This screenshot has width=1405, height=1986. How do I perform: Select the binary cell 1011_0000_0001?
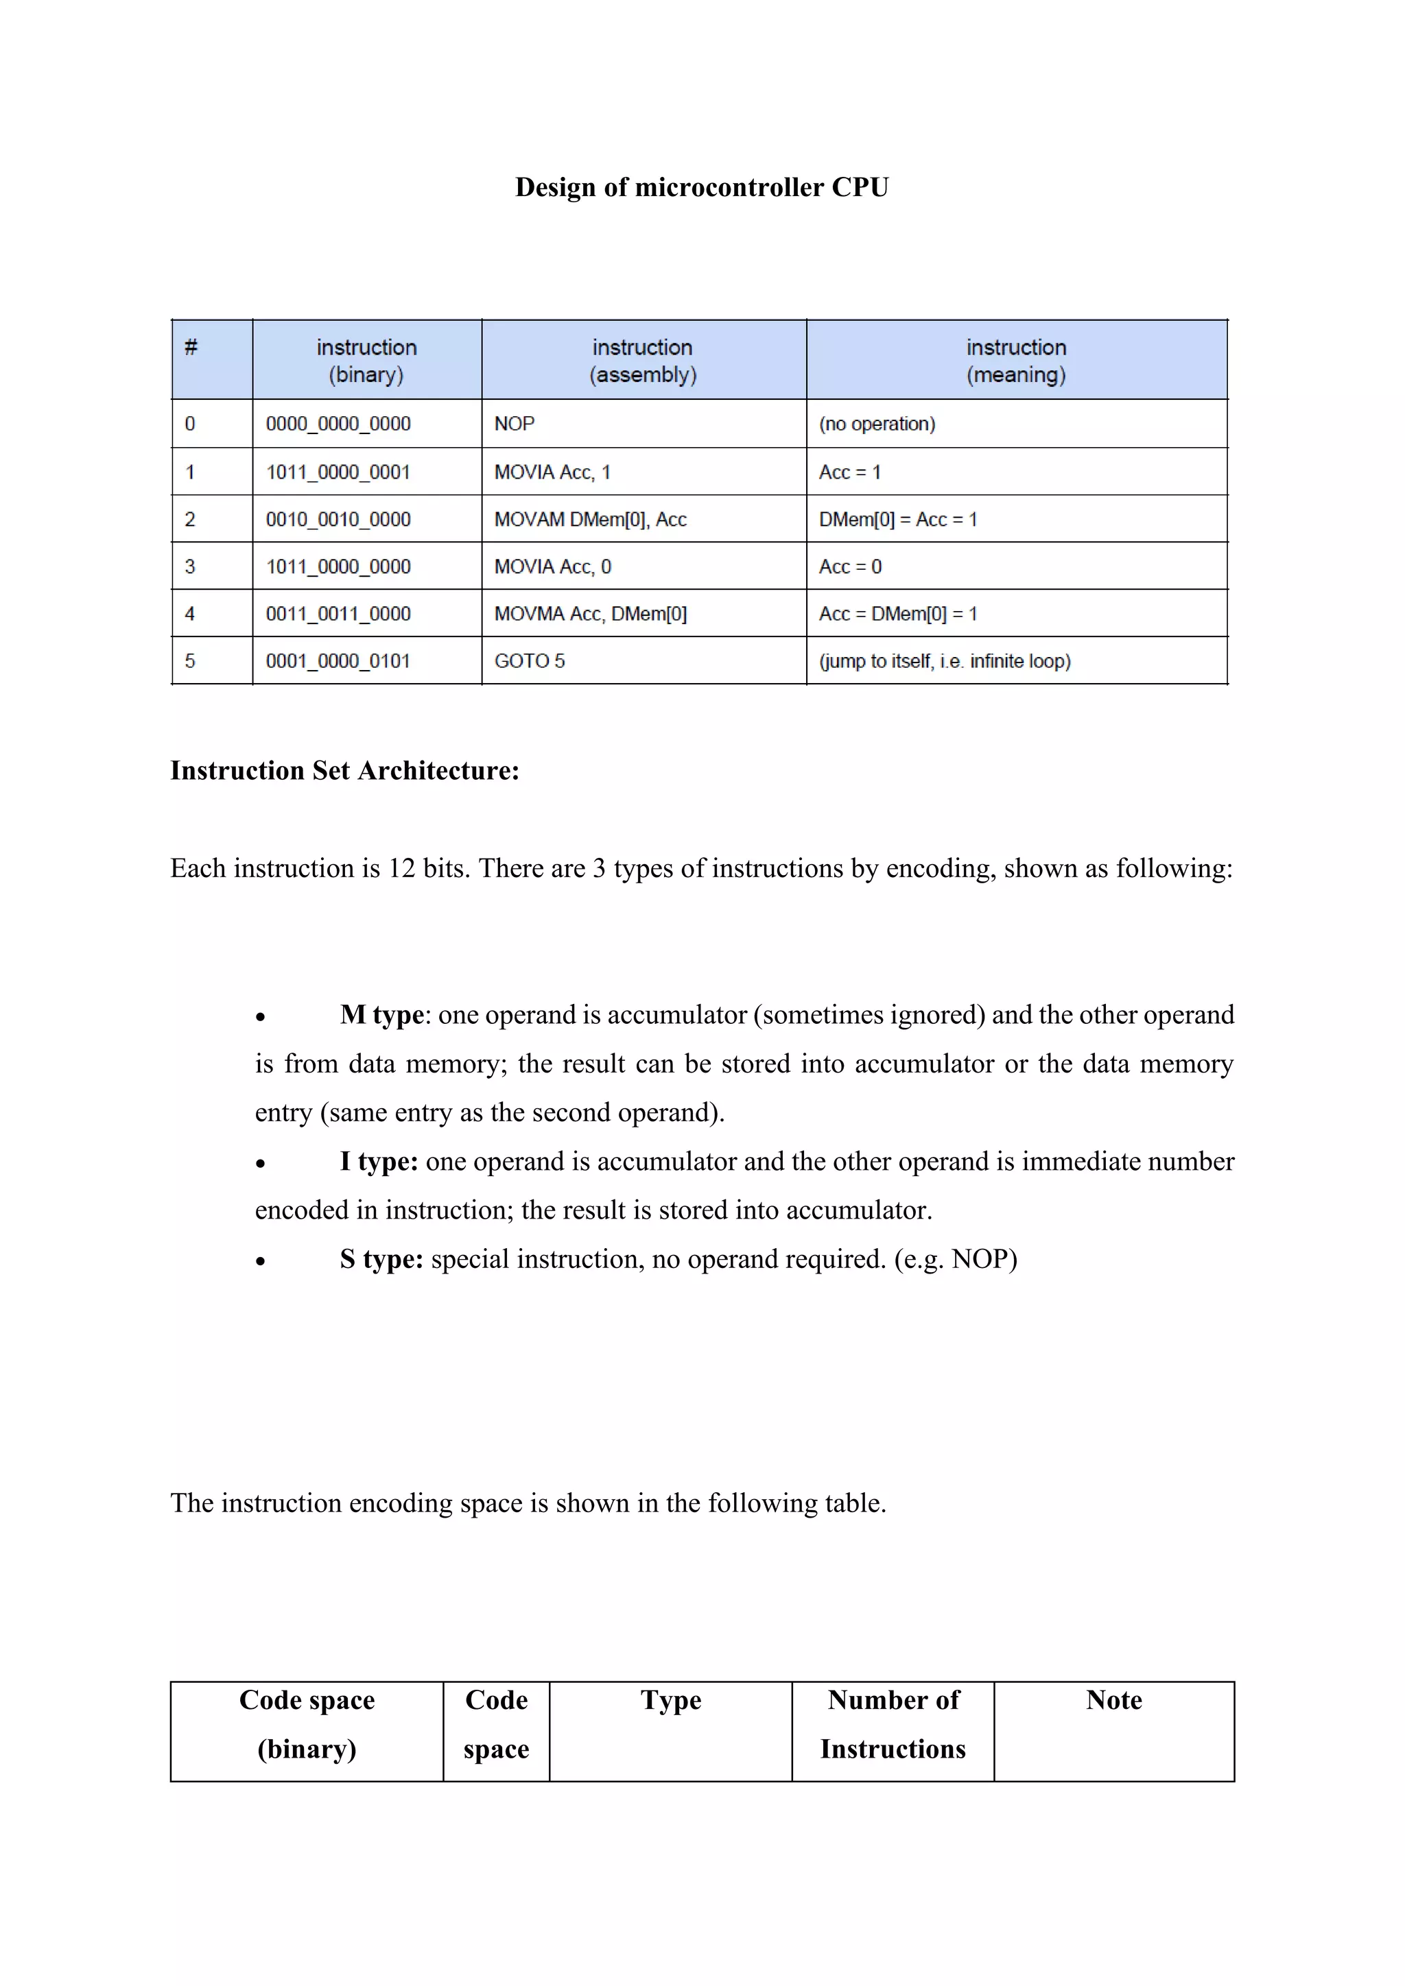click(338, 472)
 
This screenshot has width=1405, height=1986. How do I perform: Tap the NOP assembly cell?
click(515, 424)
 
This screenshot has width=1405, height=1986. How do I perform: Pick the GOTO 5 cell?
click(530, 661)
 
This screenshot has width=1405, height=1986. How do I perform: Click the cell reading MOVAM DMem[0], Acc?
click(590, 520)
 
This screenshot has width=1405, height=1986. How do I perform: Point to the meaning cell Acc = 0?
click(851, 566)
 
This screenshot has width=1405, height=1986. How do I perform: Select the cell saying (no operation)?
click(877, 424)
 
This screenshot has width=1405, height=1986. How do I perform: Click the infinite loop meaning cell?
click(945, 661)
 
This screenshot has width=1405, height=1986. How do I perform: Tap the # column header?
click(191, 348)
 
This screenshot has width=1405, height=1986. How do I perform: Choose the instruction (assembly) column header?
click(643, 361)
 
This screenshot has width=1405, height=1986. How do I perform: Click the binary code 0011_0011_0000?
click(338, 614)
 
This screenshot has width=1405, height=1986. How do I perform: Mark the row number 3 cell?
click(190, 566)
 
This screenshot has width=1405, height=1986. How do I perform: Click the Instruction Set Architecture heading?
click(344, 771)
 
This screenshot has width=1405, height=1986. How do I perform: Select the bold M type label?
click(381, 1015)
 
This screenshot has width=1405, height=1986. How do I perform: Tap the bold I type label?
click(378, 1161)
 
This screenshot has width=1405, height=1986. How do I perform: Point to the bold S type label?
click(381, 1258)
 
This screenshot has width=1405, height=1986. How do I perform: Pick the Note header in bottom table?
click(1113, 1700)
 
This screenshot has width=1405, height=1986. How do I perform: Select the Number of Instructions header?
click(893, 1724)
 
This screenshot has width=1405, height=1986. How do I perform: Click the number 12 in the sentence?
click(401, 868)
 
